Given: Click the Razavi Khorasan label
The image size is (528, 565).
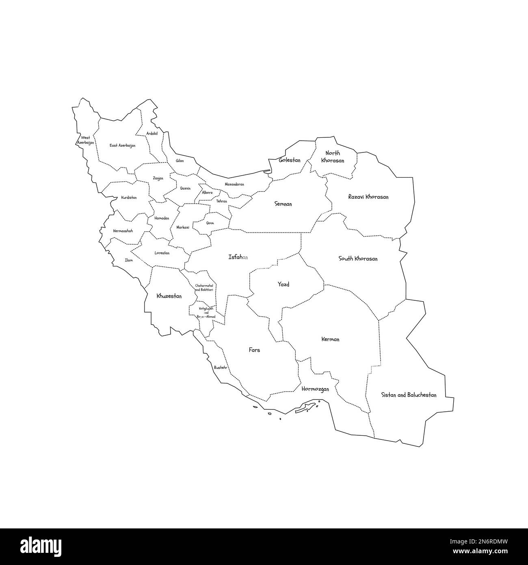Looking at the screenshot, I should pyautogui.click(x=368, y=197).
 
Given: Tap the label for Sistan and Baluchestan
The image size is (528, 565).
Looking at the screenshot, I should pyautogui.click(x=409, y=395).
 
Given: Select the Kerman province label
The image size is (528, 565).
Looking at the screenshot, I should pyautogui.click(x=330, y=339).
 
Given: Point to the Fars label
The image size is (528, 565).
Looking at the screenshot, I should pyautogui.click(x=254, y=350).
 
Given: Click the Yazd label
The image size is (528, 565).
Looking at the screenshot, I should pyautogui.click(x=283, y=285).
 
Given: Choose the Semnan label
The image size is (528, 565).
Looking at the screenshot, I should pyautogui.click(x=283, y=204).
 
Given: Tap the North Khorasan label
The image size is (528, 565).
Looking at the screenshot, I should pyautogui.click(x=333, y=157).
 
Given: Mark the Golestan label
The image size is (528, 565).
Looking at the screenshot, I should pyautogui.click(x=290, y=161).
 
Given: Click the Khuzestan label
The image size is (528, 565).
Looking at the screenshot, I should pyautogui.click(x=169, y=296).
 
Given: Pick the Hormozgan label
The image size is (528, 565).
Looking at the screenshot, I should pyautogui.click(x=315, y=389).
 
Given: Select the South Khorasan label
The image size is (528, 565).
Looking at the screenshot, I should pyautogui.click(x=358, y=259).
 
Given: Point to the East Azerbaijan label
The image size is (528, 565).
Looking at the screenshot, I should pyautogui.click(x=123, y=145).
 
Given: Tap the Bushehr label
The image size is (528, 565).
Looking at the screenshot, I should pyautogui.click(x=221, y=367).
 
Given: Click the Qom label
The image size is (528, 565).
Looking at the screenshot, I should pyautogui.click(x=210, y=223).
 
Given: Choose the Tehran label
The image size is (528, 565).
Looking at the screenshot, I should pyautogui.click(x=222, y=201).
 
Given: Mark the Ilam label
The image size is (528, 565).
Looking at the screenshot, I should pyautogui.click(x=129, y=260).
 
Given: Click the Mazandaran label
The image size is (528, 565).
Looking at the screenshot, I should pyautogui.click(x=234, y=184).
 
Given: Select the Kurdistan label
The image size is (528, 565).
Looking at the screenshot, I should pyautogui.click(x=129, y=198).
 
